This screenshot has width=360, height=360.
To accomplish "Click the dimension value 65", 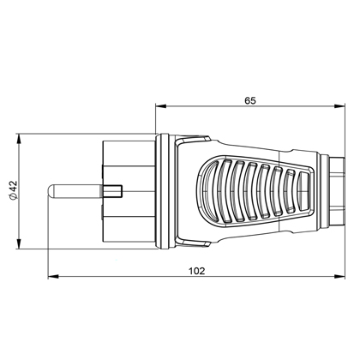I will pos(249,100).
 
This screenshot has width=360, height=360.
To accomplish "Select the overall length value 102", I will pos(195,270).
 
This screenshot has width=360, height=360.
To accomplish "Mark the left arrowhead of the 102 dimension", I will pos(51,278).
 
